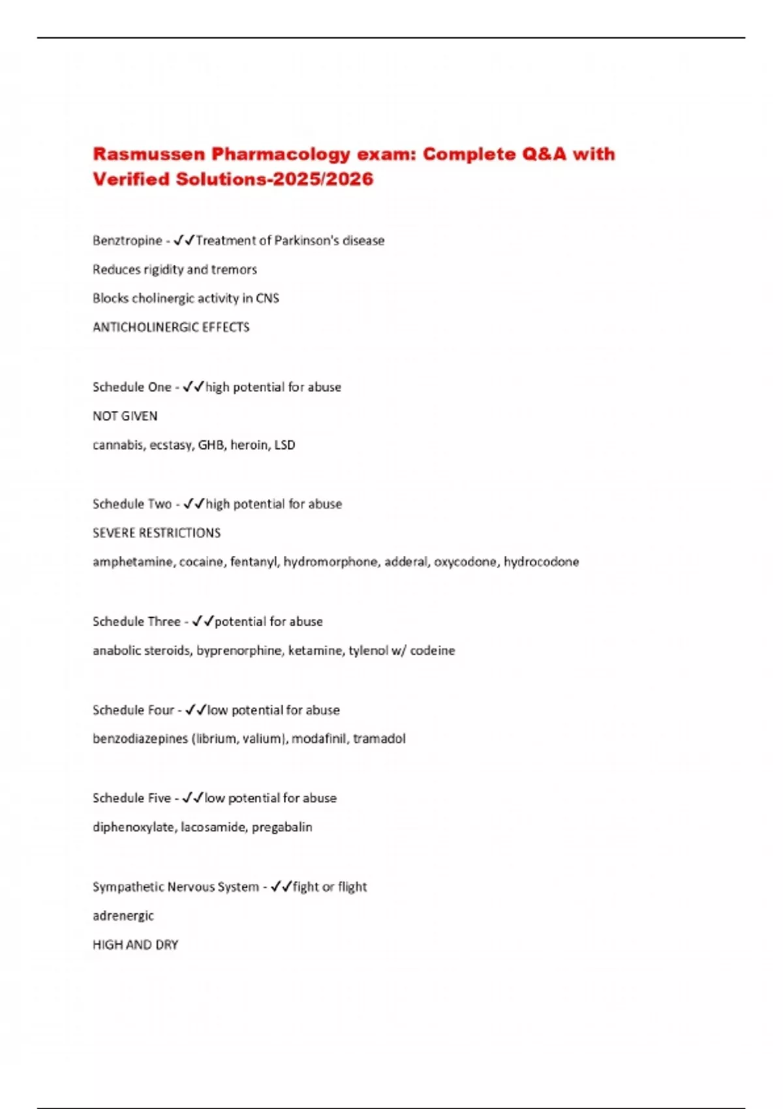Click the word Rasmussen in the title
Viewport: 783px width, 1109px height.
point(149,154)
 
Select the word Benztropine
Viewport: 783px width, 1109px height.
point(127,241)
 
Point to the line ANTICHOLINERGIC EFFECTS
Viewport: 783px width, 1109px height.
point(171,327)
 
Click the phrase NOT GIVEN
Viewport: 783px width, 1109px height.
point(125,416)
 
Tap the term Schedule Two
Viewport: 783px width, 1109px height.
point(132,504)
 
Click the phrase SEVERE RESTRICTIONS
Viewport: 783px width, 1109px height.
point(157,533)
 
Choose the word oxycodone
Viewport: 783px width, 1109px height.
point(465,562)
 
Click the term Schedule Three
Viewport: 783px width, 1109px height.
point(136,622)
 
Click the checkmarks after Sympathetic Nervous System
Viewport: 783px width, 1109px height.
point(281,887)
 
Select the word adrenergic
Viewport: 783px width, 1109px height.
point(123,916)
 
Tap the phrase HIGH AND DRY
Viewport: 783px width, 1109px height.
point(135,945)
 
